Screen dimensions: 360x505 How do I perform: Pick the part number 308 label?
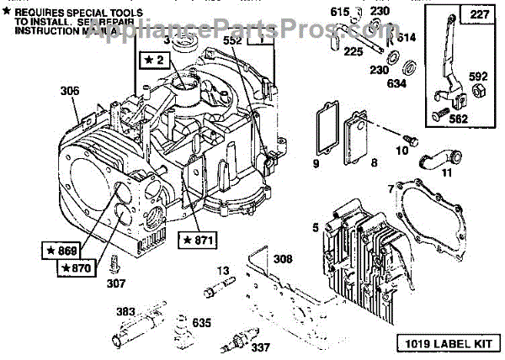click(284, 259)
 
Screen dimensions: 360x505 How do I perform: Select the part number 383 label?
click(125, 312)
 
